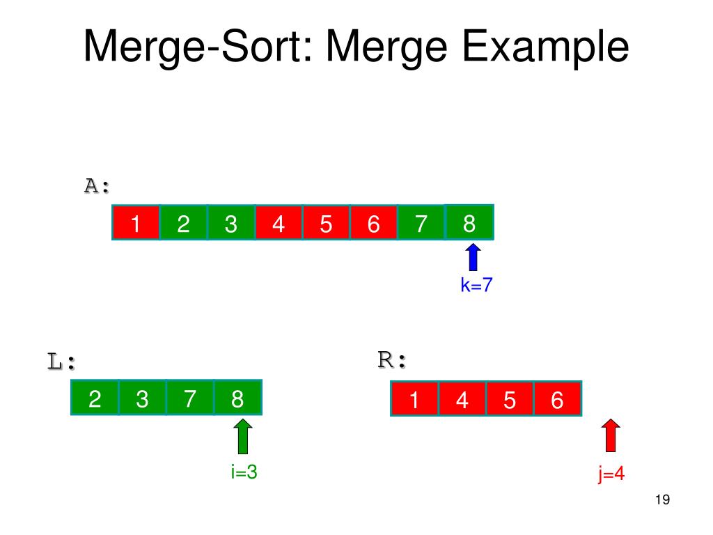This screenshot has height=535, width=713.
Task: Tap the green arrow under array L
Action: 242,437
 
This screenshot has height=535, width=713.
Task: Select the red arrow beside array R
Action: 611,437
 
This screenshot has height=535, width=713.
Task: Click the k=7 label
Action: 476,286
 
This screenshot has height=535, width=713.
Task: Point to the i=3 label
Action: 244,472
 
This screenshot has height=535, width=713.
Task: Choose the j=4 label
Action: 611,475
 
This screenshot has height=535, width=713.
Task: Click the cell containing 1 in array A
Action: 136,223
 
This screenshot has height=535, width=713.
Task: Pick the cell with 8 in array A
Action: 469,223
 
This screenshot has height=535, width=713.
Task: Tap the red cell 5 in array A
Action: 326,223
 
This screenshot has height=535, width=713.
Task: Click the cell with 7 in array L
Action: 190,398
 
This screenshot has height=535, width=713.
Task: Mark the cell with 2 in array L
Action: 95,398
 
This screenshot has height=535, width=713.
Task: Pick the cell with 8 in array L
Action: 237,398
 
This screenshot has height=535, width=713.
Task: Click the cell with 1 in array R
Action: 415,401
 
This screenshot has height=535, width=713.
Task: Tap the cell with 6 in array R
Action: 557,401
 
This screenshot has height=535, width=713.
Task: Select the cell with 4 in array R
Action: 462,401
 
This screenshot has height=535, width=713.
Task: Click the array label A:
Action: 97,186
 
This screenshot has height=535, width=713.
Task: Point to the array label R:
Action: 392,360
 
